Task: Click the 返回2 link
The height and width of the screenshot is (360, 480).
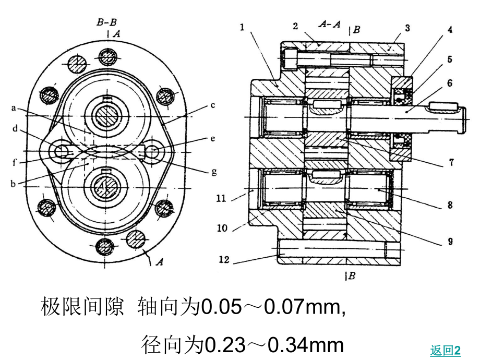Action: pyautogui.click(x=445, y=351)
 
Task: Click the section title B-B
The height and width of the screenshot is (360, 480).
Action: pyautogui.click(x=106, y=22)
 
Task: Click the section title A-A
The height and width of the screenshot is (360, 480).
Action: pyautogui.click(x=330, y=25)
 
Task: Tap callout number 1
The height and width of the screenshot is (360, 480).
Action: pyautogui.click(x=243, y=27)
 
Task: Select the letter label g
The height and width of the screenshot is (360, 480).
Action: pyautogui.click(x=213, y=171)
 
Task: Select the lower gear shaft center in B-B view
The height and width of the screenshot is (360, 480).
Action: pyautogui.click(x=107, y=186)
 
